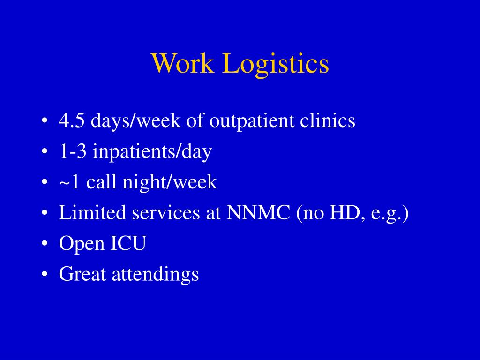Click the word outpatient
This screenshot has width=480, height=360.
(x=251, y=121)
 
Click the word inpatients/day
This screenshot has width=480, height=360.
(x=152, y=152)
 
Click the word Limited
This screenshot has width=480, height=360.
(x=93, y=213)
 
